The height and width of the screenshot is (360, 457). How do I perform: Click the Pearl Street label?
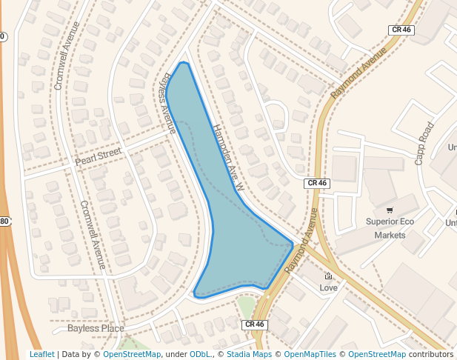(98, 159)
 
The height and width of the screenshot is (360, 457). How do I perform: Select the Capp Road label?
(424, 143)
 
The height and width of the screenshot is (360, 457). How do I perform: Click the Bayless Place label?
(96, 328)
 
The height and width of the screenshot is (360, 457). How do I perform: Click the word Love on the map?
(328, 287)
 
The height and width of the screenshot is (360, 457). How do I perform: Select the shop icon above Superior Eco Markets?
(390, 210)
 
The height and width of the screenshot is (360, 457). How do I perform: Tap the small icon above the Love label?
(328, 276)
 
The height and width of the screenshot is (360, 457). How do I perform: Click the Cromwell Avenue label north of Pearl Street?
(66, 55)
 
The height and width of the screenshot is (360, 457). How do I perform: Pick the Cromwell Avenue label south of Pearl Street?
(93, 234)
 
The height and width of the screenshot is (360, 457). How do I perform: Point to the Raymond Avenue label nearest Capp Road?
(358, 74)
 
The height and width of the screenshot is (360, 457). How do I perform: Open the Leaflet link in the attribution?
(42, 354)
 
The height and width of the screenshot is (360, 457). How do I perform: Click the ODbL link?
(200, 354)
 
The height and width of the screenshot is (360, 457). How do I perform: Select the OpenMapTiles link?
(310, 354)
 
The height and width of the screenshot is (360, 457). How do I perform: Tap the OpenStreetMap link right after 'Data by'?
(132, 354)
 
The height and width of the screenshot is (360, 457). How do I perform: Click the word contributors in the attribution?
(430, 354)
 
